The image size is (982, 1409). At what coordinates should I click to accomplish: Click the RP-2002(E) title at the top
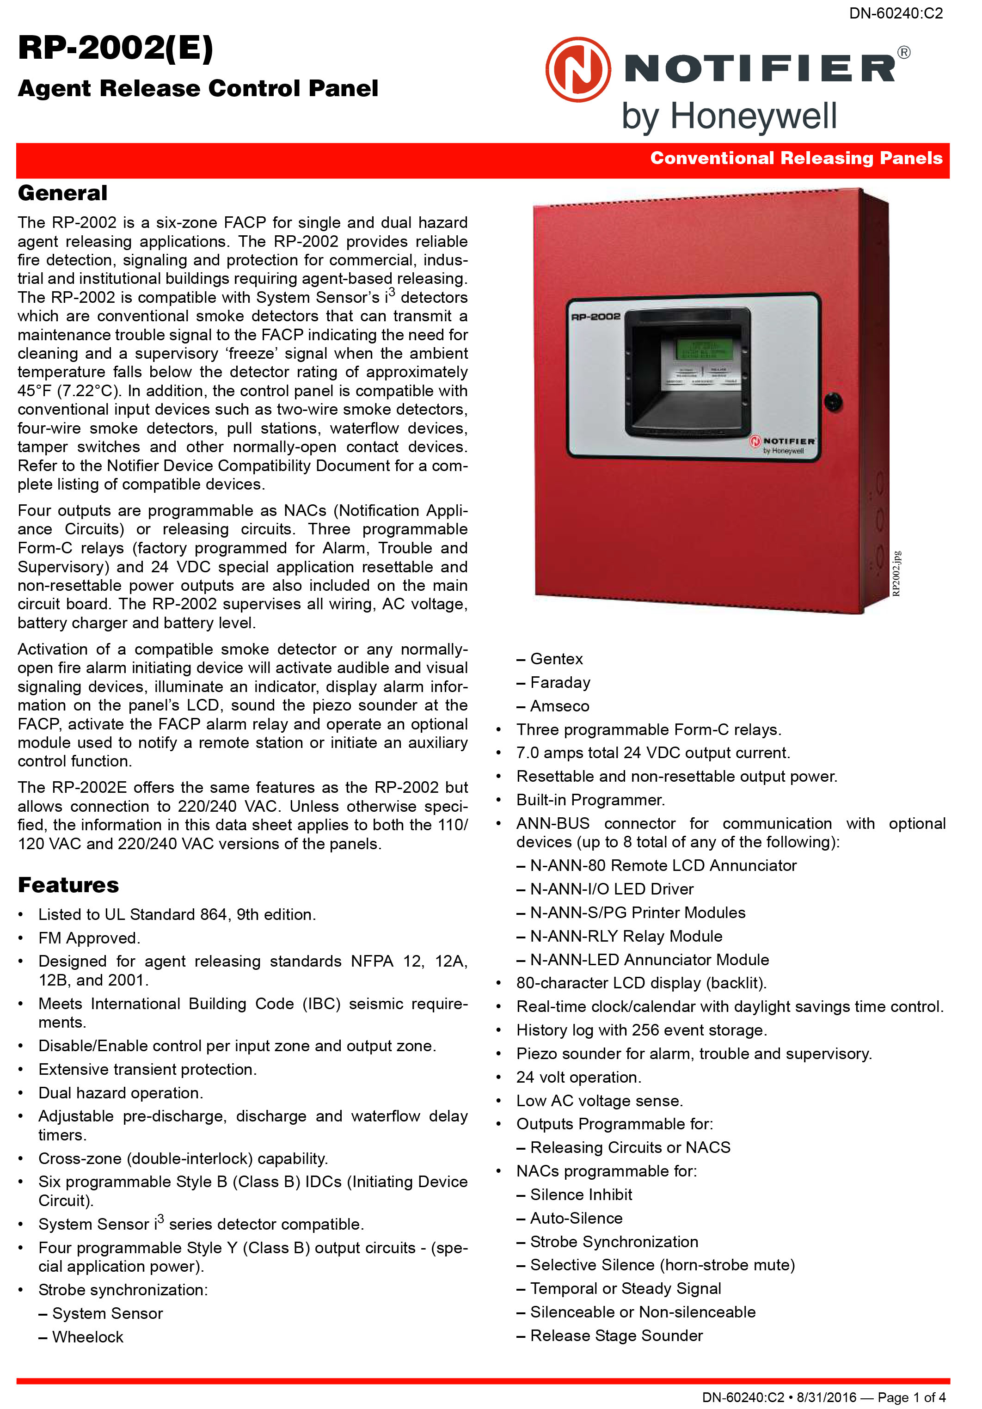tap(116, 48)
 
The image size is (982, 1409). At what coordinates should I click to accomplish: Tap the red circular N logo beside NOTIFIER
tap(578, 69)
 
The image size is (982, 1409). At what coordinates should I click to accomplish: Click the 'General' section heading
tap(62, 193)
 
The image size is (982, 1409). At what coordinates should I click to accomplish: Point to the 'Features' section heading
tap(68, 885)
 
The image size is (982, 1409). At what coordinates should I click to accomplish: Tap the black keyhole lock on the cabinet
tap(832, 402)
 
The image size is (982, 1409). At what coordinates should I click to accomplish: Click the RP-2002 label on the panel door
tap(595, 317)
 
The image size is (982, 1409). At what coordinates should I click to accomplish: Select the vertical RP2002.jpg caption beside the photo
tap(896, 573)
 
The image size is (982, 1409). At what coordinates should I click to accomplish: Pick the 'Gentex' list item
tap(556, 659)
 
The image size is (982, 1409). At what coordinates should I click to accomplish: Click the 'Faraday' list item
tap(560, 682)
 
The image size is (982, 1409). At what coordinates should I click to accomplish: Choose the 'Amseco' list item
tap(559, 706)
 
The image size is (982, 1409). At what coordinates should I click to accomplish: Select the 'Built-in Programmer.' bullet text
tap(590, 800)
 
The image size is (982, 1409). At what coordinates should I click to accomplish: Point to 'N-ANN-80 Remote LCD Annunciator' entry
tap(663, 865)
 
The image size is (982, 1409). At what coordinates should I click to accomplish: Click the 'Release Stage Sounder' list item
tap(616, 1335)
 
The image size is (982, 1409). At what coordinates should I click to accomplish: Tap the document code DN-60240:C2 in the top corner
tap(896, 13)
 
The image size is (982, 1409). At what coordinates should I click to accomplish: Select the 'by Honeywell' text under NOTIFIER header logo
tap(729, 116)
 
